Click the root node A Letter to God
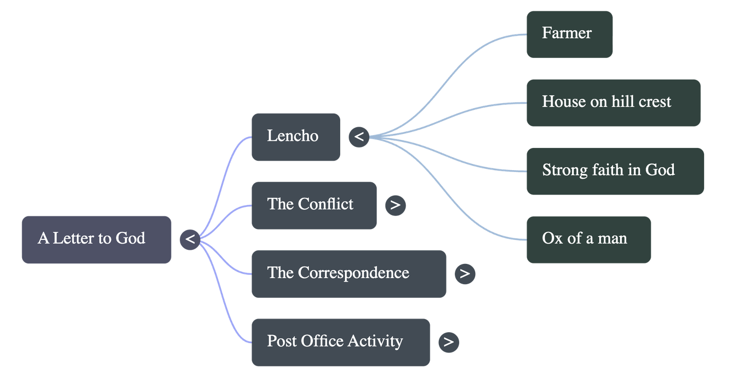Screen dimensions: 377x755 click(96, 239)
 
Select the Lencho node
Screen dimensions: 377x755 click(295, 137)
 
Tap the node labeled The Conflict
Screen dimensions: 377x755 click(314, 205)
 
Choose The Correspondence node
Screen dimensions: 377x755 click(348, 273)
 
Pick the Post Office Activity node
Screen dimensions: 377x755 click(340, 342)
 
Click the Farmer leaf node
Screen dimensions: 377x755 click(569, 34)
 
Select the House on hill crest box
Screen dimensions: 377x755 click(613, 102)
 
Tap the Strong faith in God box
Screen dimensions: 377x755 click(615, 171)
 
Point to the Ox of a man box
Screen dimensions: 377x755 click(588, 239)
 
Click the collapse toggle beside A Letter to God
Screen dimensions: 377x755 click(190, 239)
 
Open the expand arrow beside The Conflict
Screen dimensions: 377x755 click(395, 205)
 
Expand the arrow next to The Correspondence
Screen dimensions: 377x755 click(465, 274)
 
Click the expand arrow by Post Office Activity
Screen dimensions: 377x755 click(449, 342)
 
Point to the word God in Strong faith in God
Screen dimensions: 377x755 click(660, 170)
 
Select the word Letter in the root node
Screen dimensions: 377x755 click(73, 238)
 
